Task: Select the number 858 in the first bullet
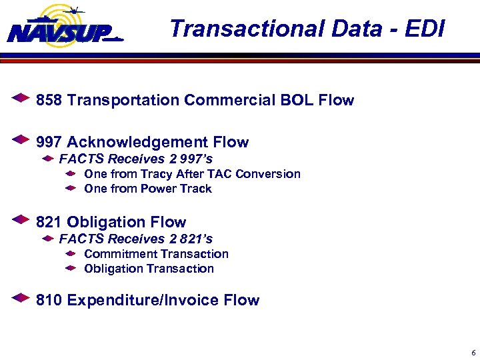coord(49,101)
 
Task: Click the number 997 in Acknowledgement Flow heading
coord(49,142)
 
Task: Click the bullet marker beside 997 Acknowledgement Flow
coord(21,141)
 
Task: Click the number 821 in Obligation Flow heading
coord(49,222)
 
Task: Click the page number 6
coord(473,353)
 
